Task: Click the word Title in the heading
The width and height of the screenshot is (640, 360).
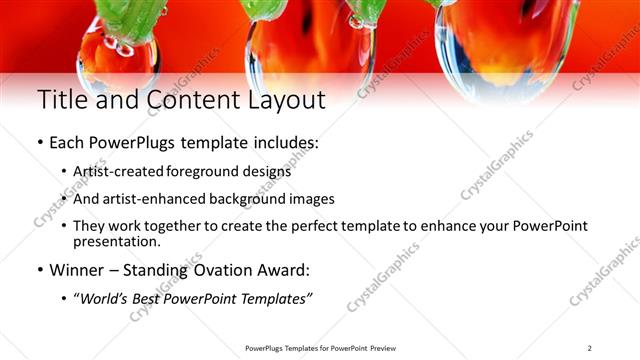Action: tap(62, 100)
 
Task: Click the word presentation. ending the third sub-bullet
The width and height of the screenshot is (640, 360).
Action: tap(117, 241)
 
